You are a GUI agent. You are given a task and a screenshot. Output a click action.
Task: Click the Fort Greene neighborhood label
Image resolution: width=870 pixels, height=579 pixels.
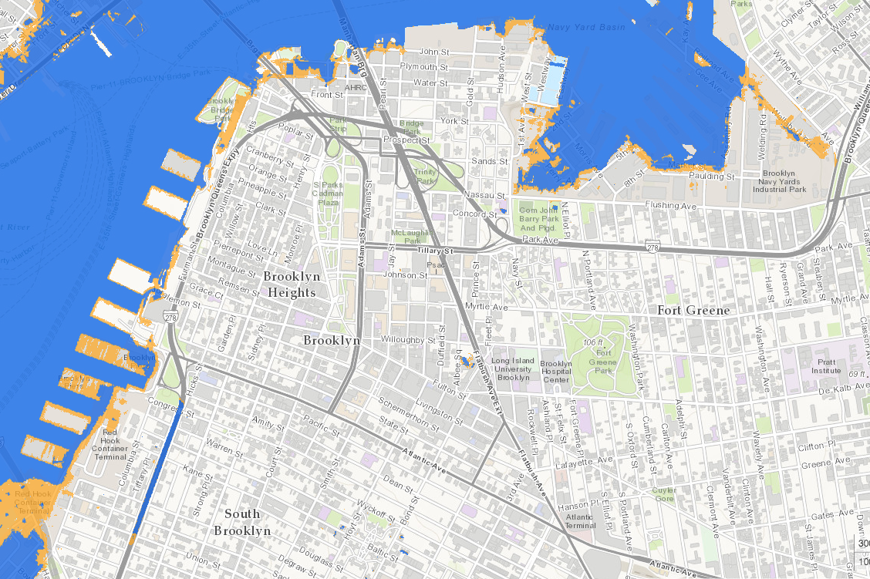coord(693,310)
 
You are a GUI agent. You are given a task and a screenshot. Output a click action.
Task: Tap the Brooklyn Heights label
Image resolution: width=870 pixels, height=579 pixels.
coord(289,284)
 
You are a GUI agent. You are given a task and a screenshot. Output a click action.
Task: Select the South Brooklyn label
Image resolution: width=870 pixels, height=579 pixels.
coord(242,522)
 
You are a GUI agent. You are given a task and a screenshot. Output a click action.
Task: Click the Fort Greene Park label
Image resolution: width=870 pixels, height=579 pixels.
coord(603,362)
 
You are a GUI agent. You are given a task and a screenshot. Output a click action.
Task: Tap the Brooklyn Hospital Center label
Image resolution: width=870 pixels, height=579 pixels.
coord(555,372)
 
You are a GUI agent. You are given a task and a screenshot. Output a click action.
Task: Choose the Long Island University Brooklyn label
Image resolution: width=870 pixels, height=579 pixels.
coord(512,369)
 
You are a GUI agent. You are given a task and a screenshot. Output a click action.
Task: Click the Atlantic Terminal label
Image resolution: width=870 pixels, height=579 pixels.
coord(580,521)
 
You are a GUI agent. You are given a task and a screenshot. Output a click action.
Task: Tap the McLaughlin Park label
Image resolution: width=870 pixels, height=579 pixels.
coord(411,236)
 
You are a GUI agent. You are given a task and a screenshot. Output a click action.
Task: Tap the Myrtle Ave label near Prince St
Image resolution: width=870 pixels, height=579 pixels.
coord(492,307)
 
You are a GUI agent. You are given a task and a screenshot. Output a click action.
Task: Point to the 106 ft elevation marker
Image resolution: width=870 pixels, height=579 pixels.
coord(592,342)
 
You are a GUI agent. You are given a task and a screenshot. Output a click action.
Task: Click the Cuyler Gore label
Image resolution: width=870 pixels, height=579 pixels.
coord(664,494)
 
